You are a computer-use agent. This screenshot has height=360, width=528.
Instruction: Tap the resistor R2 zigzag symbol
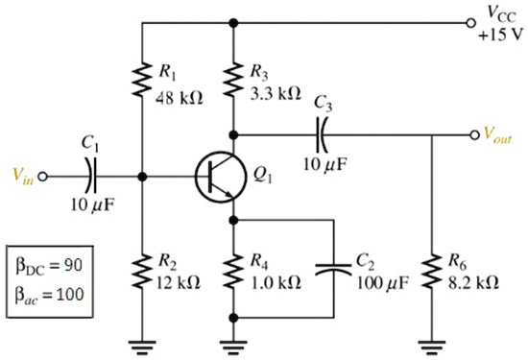coord(141,273)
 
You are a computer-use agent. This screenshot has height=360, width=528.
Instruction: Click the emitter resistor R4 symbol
coord(232,273)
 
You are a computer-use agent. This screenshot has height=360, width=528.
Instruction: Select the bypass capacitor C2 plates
coord(333,273)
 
